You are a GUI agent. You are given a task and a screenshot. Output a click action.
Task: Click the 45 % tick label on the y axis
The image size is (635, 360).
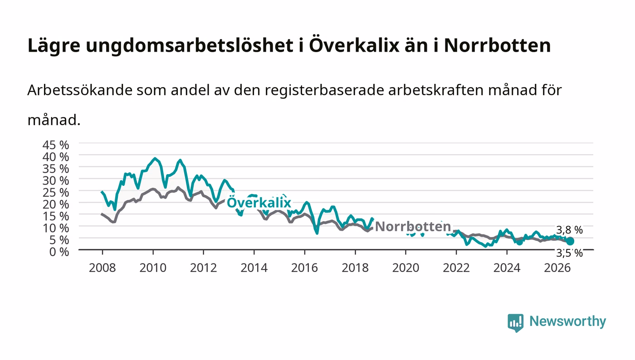coord(55,145)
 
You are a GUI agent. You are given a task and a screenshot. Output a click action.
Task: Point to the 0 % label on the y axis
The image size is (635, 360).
coord(59,252)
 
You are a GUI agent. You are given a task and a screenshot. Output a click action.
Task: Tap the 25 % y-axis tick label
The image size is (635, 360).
coord(55,193)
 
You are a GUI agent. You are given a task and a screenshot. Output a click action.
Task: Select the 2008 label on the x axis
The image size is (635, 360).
coord(103,268)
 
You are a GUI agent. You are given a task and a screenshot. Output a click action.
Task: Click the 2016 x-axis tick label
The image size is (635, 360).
coord(304,268)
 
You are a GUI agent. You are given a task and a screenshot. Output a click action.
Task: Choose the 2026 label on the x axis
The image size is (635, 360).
coord(557,268)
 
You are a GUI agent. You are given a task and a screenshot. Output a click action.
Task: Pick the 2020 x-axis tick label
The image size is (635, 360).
coord(405,268)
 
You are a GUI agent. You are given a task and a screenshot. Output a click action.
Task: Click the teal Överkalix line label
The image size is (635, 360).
coord(259,202)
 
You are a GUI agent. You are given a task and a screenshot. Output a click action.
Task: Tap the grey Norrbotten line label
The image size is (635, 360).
coord(413,227)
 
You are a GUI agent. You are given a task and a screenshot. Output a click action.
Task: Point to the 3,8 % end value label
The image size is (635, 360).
coord(570,230)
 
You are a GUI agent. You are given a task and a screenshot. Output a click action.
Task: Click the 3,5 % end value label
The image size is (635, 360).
coord(570,253)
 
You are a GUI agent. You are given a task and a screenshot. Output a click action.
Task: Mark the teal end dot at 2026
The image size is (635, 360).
coord(570,241)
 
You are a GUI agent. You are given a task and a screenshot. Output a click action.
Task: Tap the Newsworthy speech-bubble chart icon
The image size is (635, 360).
coord(516,323)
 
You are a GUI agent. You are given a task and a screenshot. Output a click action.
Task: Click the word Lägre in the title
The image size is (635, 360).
coord(54,46)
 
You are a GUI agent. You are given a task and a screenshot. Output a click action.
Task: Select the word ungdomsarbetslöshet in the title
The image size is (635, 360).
coord(190,45)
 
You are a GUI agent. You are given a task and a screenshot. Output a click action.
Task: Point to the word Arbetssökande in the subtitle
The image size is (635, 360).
coord(80,90)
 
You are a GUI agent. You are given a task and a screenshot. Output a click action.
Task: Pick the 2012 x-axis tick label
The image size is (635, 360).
coord(203,268)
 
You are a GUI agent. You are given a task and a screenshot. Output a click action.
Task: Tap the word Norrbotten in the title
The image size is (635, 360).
coord(498,45)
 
